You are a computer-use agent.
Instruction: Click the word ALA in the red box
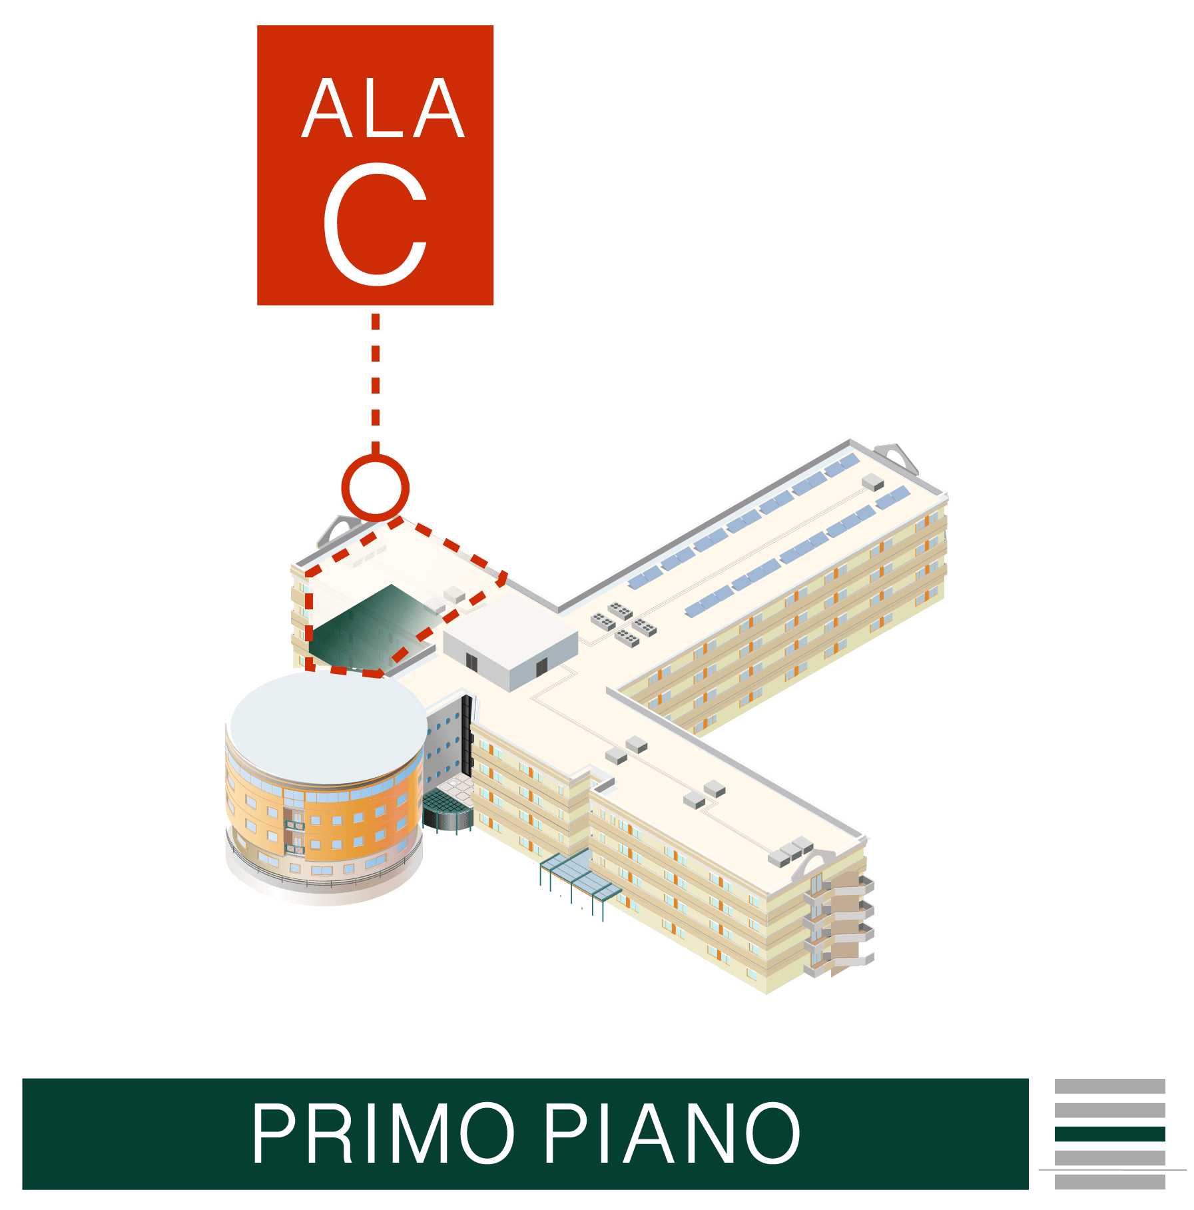point(383,109)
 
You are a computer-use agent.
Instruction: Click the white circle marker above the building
point(375,488)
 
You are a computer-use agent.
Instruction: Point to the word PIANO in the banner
point(673,1133)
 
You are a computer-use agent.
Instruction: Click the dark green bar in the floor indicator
point(1109,1133)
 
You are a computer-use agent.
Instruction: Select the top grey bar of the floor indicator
point(1109,1086)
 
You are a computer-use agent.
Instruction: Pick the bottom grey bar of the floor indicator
point(1109,1181)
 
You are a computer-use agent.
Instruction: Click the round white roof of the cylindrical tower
point(328,726)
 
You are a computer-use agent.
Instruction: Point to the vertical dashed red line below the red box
point(375,380)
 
